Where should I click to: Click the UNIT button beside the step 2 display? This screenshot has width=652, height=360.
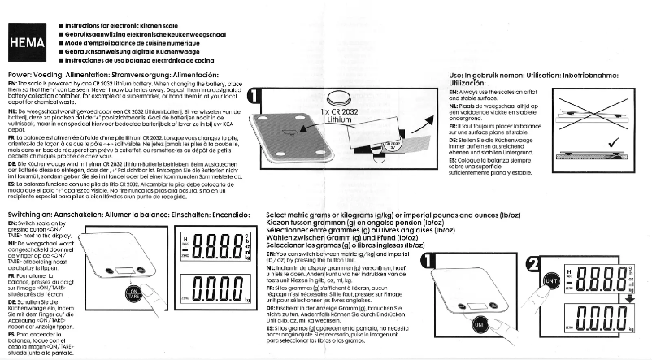tap(551, 279)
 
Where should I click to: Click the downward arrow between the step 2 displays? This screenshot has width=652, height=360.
tap(630, 298)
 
